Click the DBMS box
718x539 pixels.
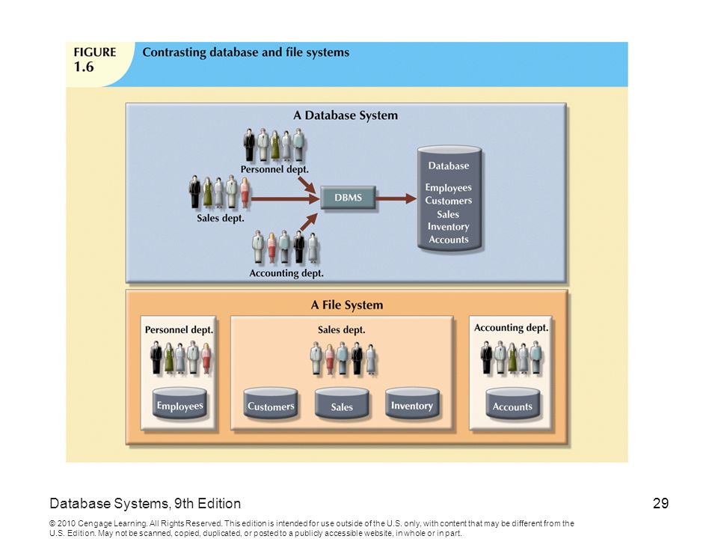click(x=348, y=198)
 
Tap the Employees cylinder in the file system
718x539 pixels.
click(x=179, y=404)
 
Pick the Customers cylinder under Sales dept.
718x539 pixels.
click(x=271, y=404)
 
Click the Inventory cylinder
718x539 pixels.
click(x=412, y=404)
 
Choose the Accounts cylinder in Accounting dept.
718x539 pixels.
click(x=512, y=404)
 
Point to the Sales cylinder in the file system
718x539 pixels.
click(x=342, y=404)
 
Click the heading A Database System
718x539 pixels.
click(x=346, y=115)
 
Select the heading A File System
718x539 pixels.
click(x=346, y=305)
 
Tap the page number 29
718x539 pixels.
click(x=660, y=503)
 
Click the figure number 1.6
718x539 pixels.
click(x=84, y=67)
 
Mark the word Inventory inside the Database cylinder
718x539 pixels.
click(x=448, y=227)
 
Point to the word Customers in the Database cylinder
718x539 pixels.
click(x=448, y=201)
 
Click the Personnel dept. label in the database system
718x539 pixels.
click(x=274, y=170)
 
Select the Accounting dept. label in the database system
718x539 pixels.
click(x=286, y=273)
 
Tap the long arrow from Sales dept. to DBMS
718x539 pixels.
click(x=285, y=199)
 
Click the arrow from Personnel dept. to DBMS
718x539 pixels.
click(x=307, y=185)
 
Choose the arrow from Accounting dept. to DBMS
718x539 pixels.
click(x=309, y=222)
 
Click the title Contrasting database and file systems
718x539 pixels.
click(x=246, y=52)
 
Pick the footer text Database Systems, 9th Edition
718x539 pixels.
click(x=145, y=503)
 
